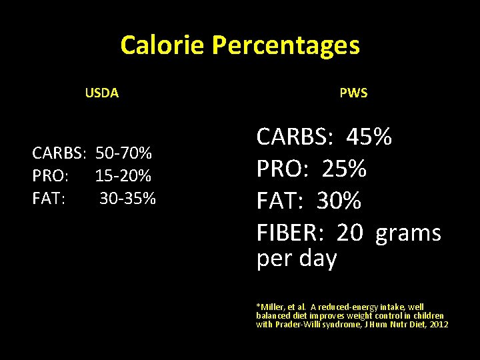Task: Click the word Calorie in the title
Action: (163, 45)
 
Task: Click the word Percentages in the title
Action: (285, 45)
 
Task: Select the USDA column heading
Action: (102, 93)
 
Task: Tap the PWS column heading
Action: (353, 93)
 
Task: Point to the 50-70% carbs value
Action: (123, 154)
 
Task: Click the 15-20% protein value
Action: (123, 176)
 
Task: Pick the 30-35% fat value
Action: (128, 198)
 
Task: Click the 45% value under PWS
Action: (369, 137)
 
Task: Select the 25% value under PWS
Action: (344, 169)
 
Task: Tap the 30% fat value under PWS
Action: (339, 201)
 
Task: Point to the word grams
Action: (408, 233)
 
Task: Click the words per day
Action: (297, 258)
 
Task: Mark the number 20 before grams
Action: (350, 233)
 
